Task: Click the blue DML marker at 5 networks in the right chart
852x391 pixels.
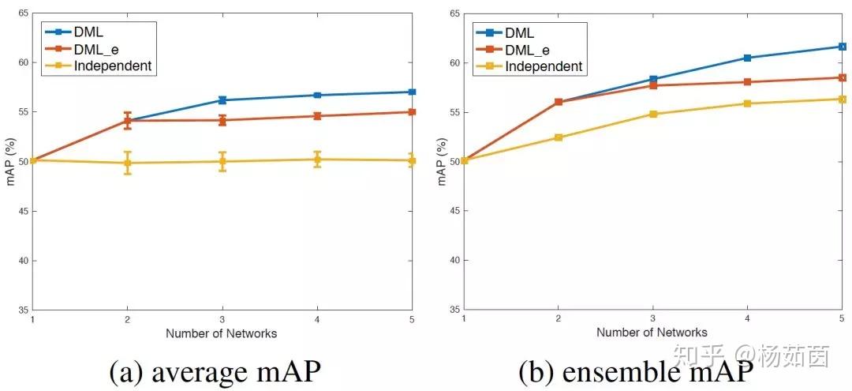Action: (x=843, y=47)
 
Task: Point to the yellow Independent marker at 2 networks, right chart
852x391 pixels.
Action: (x=559, y=137)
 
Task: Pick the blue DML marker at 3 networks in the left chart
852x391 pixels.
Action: (x=222, y=100)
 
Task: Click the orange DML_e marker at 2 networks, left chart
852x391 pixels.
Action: (x=128, y=121)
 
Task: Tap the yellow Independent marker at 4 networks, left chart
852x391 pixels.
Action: (x=317, y=160)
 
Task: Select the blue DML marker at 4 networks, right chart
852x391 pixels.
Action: (x=748, y=58)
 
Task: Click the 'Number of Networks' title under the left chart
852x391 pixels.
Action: (x=222, y=333)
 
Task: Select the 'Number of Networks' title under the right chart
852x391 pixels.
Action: (x=652, y=333)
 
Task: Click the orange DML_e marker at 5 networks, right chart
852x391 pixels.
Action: (x=843, y=77)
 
